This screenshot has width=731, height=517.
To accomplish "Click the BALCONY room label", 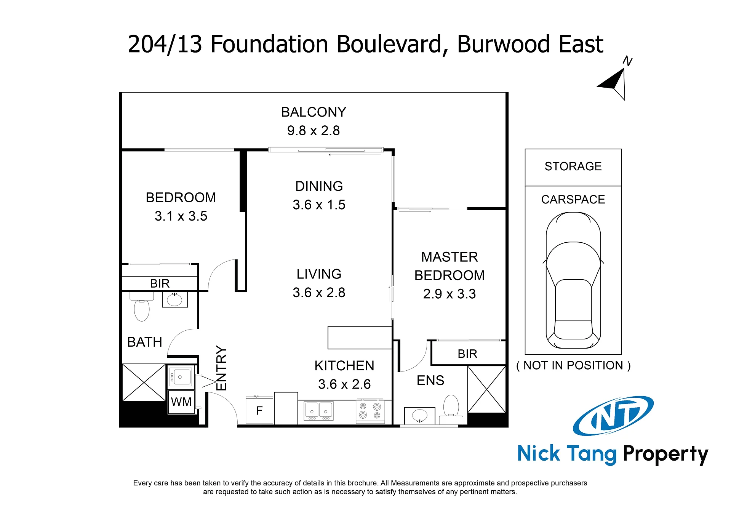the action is (314, 112).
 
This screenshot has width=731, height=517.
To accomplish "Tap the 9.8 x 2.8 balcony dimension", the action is (314, 131).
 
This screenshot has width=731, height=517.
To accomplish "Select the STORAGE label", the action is (573, 166).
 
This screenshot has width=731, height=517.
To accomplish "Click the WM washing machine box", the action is (181, 402).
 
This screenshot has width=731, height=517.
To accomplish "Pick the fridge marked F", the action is (259, 410).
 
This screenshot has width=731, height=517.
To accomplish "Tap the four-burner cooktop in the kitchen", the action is (370, 411).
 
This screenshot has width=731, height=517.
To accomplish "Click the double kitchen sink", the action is (318, 411).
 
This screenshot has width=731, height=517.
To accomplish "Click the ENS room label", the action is (430, 381).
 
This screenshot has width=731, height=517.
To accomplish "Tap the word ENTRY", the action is (221, 368).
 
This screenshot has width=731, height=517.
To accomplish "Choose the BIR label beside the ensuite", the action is (467, 354).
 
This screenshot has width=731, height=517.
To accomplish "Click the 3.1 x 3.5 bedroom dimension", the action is (181, 216).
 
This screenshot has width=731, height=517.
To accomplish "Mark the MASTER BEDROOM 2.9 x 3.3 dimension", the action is (449, 294).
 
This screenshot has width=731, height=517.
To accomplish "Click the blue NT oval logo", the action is (613, 416).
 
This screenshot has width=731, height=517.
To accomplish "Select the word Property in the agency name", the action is (665, 455).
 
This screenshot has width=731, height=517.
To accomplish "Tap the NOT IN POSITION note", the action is (573, 365).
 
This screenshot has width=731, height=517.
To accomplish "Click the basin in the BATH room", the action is (175, 299).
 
